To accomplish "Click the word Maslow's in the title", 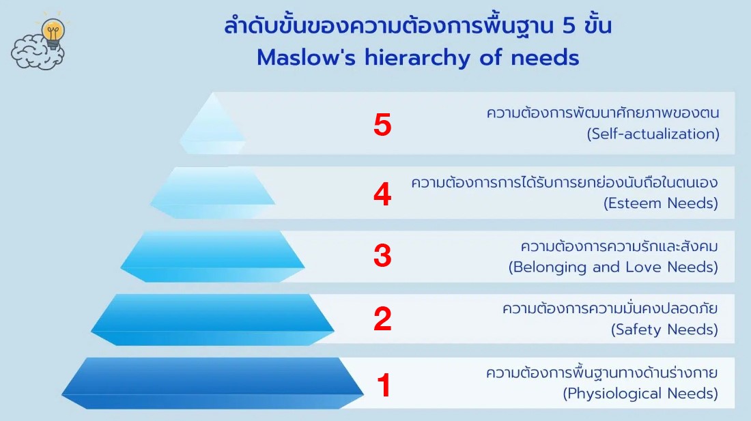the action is [306, 58].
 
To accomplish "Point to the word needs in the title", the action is [545, 59].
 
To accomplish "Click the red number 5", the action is [382, 125].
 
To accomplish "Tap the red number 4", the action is [382, 194].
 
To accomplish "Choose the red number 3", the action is [382, 255].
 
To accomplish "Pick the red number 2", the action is [382, 319].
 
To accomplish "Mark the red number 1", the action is [384, 385].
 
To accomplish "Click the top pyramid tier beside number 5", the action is [212, 126].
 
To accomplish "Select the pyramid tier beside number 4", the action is [212, 193].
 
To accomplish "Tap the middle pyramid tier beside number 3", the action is [212, 257].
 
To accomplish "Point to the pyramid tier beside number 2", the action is [212, 320].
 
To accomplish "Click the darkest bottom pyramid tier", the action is [212, 383].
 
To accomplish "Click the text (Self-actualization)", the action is [653, 134].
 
